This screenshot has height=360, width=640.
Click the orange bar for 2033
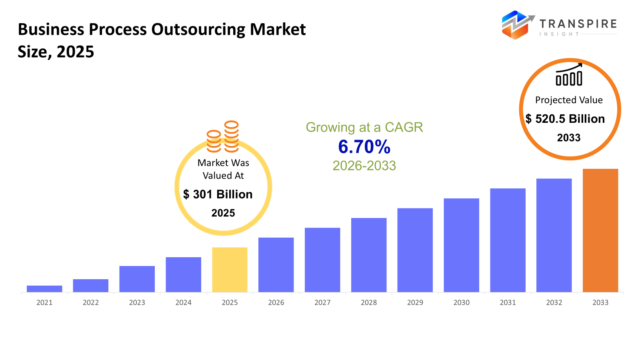[600, 230]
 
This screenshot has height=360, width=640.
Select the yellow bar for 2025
[230, 270]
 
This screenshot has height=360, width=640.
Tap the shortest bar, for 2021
[44, 289]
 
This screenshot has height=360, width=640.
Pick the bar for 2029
[415, 250]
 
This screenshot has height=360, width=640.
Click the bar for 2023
[137, 279]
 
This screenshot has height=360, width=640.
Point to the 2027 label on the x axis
[322, 303]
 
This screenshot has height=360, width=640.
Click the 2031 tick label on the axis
[508, 303]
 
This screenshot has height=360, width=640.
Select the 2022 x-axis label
[91, 303]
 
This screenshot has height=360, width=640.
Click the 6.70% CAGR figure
[364, 147]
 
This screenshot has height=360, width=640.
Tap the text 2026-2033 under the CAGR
[364, 166]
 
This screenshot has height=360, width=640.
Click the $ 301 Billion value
[218, 194]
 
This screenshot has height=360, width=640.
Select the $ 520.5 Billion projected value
[565, 119]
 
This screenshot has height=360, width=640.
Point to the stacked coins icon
[223, 137]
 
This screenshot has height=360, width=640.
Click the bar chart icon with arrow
[569, 75]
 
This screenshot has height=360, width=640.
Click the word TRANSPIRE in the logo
[578, 24]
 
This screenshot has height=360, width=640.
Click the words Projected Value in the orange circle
[569, 100]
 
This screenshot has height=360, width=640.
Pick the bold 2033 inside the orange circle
[569, 138]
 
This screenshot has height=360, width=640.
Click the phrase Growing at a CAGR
[364, 127]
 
